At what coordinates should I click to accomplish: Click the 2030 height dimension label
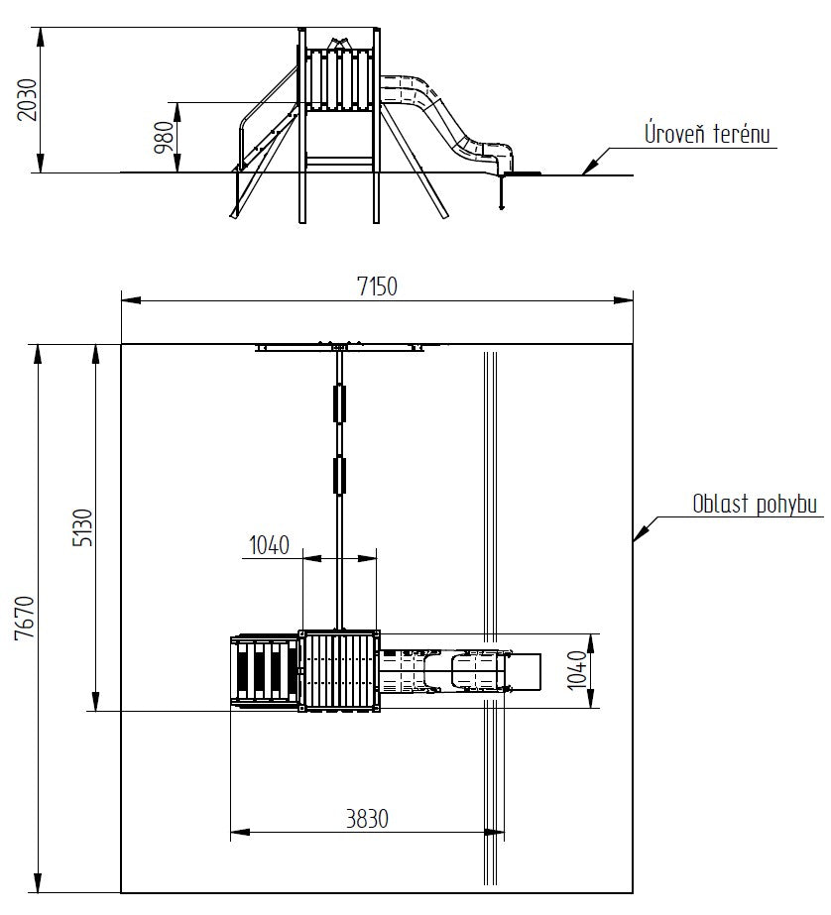(27, 100)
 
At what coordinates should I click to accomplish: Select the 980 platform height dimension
(164, 138)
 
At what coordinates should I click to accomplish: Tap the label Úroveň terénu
(707, 133)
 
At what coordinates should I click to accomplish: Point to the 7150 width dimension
(377, 286)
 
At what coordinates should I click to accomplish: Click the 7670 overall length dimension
(26, 618)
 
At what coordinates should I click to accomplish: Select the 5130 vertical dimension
(82, 527)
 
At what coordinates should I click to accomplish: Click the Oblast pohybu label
(755, 504)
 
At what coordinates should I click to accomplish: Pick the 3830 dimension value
(367, 819)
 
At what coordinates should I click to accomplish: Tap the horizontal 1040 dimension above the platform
(269, 545)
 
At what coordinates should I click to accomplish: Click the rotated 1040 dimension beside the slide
(576, 670)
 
